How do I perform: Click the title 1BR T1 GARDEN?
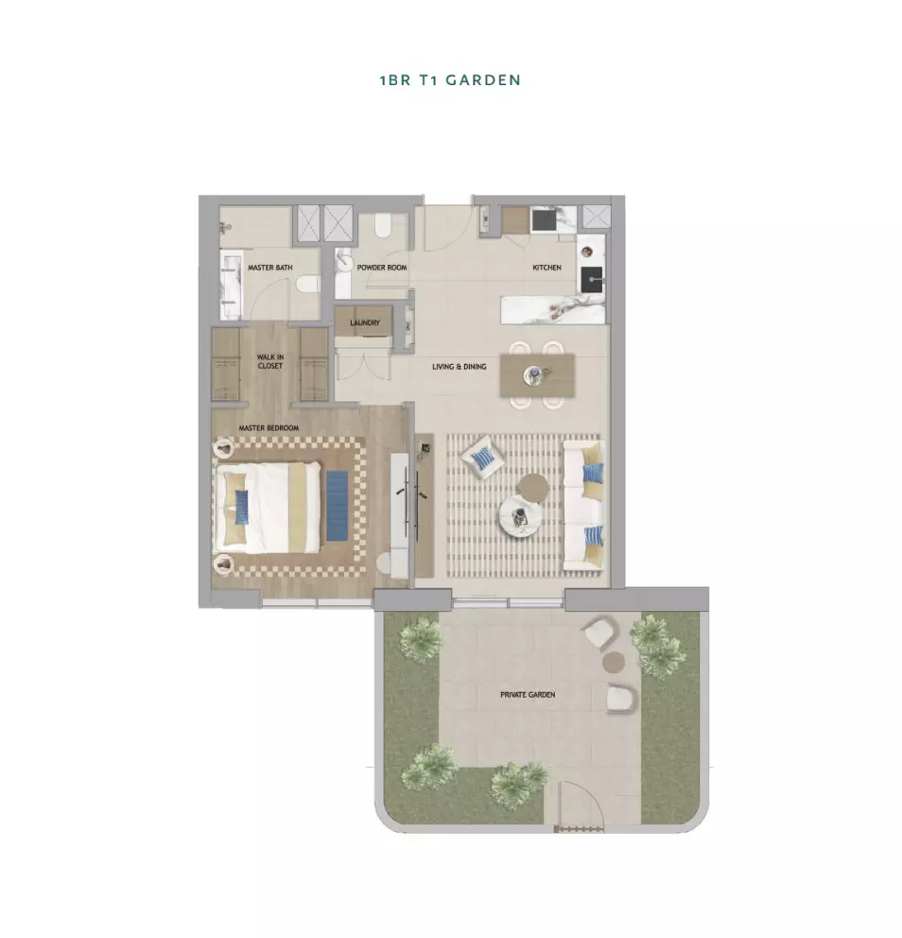click(450, 80)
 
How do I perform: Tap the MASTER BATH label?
click(270, 268)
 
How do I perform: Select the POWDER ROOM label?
click(382, 268)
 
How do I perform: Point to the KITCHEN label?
click(546, 268)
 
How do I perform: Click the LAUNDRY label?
click(365, 322)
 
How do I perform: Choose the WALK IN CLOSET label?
click(270, 361)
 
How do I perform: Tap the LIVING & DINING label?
click(460, 367)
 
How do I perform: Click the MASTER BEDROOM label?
click(269, 428)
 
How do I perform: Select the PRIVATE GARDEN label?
click(528, 695)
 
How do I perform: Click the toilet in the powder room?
click(383, 226)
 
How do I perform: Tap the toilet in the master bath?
click(307, 284)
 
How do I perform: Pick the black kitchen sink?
click(592, 279)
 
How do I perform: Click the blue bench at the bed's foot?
click(338, 506)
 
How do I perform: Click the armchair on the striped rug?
click(482, 458)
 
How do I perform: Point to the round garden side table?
click(614, 662)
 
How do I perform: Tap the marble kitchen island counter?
click(552, 309)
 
